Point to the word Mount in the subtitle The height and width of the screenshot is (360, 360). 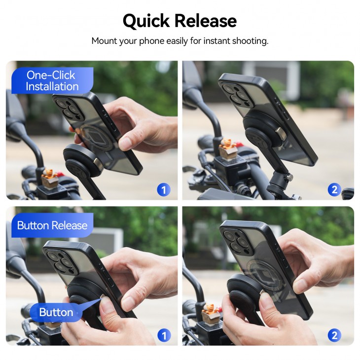coord(104,41)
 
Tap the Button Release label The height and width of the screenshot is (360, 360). coord(52,225)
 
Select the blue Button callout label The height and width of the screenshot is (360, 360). coord(56,312)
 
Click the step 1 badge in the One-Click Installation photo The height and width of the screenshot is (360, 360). coord(163,189)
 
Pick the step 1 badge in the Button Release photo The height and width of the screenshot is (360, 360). coord(163,335)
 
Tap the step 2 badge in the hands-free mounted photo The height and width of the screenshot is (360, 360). coord(334,189)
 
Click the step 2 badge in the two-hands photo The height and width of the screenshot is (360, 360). coord(334,335)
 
